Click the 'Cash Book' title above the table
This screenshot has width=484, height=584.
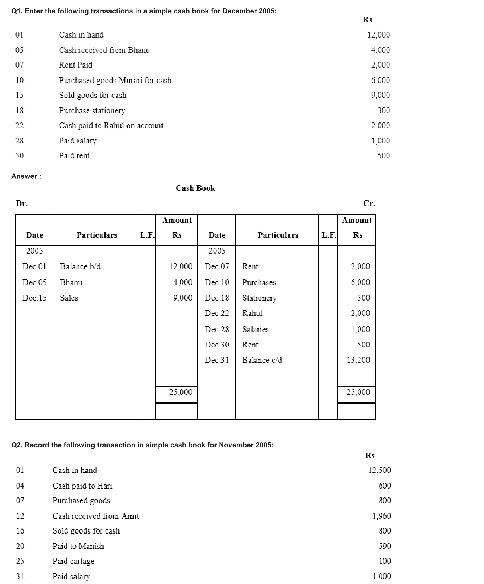coord(195,188)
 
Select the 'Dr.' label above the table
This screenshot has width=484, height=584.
coord(22,203)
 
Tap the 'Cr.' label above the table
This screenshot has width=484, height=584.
coord(369,203)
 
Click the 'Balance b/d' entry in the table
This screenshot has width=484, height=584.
coord(80,266)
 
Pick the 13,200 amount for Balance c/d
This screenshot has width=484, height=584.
coord(358,360)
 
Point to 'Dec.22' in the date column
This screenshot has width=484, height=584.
coord(217,313)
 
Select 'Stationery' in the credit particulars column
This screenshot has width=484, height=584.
coord(259,298)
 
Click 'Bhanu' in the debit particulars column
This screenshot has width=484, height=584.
coord(71,282)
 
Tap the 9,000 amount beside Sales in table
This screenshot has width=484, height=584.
coord(183,298)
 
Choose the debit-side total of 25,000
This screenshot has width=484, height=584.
coord(181,392)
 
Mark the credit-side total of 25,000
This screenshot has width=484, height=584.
coord(358,392)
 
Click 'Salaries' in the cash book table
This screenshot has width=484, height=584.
coord(255,329)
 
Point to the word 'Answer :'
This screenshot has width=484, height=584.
coord(26,176)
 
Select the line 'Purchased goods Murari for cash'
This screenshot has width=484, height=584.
coord(115,80)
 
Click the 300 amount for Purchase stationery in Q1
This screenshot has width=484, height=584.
coord(383,110)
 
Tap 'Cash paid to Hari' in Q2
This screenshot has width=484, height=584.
coord(82,486)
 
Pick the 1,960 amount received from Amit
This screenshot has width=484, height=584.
coord(382,516)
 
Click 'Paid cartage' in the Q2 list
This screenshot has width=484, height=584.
coord(73,561)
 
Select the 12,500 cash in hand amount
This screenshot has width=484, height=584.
coord(379,470)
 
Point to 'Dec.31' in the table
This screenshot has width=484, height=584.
coord(217,360)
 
